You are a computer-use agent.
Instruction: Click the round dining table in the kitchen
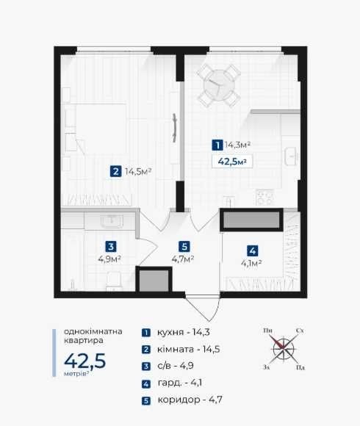(x=219, y=84)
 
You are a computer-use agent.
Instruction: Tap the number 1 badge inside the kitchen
(x=217, y=145)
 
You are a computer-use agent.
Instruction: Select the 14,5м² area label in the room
(x=138, y=172)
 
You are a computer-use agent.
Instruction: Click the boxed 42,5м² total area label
(x=232, y=162)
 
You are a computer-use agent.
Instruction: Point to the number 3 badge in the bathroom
(x=111, y=247)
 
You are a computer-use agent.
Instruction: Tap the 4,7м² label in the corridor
(x=183, y=259)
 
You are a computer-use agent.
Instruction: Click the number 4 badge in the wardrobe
(x=253, y=251)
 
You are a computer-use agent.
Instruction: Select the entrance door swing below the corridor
(x=204, y=308)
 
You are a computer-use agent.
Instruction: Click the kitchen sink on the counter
(x=291, y=156)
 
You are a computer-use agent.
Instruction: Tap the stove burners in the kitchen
(x=264, y=198)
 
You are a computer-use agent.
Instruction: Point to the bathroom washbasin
(x=112, y=220)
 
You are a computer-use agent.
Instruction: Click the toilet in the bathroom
(x=115, y=281)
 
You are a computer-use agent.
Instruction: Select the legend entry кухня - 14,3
(x=184, y=332)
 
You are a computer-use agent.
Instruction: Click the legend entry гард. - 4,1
(x=179, y=383)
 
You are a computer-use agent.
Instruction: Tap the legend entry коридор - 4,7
(x=190, y=400)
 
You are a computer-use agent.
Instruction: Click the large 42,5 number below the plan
(x=84, y=361)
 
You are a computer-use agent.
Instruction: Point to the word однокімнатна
(x=93, y=331)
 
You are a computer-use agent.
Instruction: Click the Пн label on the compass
(x=267, y=331)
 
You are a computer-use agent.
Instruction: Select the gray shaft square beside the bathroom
(x=154, y=279)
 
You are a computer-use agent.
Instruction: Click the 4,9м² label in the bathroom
(x=109, y=259)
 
